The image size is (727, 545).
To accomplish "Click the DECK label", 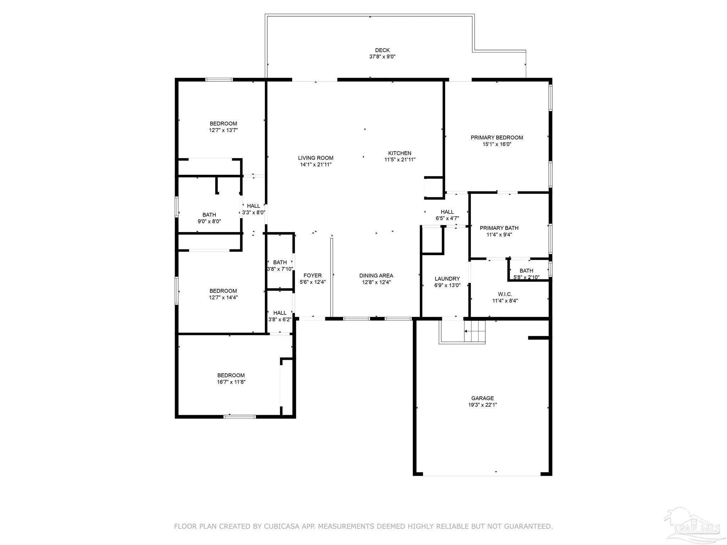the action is click(x=382, y=50).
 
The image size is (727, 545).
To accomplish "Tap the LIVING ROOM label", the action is click(x=316, y=158).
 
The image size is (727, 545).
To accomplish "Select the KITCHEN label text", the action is click(x=400, y=153).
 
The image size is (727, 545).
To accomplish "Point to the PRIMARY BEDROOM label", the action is click(x=497, y=138).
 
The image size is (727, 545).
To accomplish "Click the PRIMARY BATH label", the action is click(x=499, y=228).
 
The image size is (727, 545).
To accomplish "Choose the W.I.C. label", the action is click(x=505, y=294).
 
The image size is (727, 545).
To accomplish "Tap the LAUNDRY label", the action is click(x=447, y=279).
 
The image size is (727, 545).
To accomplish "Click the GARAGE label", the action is click(x=482, y=398).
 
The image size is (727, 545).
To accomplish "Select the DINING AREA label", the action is click(x=376, y=276).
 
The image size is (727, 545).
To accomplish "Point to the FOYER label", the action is click(x=312, y=276).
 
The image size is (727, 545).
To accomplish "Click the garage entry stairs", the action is click(x=475, y=331).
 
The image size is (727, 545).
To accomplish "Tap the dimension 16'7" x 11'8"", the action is click(x=231, y=382).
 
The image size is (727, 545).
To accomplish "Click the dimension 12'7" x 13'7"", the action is click(x=223, y=130).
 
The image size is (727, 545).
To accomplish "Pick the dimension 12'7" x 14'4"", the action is click(x=223, y=298).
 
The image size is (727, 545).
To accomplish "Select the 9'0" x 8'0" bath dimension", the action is click(x=209, y=221).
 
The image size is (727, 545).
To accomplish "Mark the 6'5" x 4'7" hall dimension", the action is click(x=447, y=219).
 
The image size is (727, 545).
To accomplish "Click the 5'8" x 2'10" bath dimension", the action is click(x=526, y=277).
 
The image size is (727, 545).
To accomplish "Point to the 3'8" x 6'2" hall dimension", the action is click(x=280, y=320).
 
